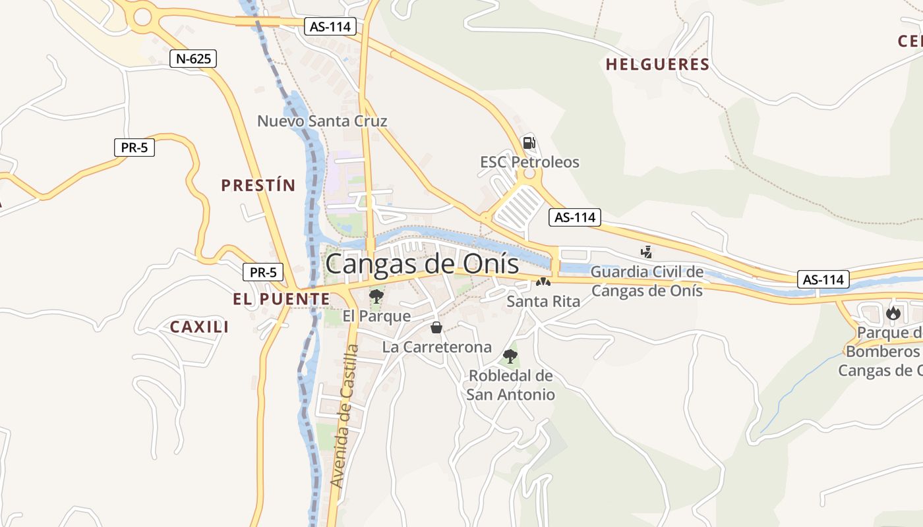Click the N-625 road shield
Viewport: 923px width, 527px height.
point(193,59)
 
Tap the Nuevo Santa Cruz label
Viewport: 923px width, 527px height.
point(322,121)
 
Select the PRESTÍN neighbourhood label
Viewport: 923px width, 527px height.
point(258,185)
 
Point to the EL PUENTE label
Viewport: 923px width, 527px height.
point(282,299)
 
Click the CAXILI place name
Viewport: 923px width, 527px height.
point(199,327)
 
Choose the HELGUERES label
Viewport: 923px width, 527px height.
point(657,65)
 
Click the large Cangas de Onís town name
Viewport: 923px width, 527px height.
point(422,265)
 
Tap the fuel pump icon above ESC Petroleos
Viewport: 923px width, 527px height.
point(529,142)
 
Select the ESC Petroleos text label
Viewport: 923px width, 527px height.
point(529,162)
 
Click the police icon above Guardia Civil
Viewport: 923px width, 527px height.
point(646,251)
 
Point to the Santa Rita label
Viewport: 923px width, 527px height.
point(543,302)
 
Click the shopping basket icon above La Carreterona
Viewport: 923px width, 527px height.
point(436,327)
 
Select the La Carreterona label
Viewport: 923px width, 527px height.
point(436,347)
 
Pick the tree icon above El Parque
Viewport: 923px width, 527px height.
point(376,296)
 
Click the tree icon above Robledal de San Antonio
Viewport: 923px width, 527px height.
point(510,356)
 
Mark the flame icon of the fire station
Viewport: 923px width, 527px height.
point(893,313)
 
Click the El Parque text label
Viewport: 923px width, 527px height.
point(376,316)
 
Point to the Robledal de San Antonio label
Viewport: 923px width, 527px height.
point(510,385)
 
